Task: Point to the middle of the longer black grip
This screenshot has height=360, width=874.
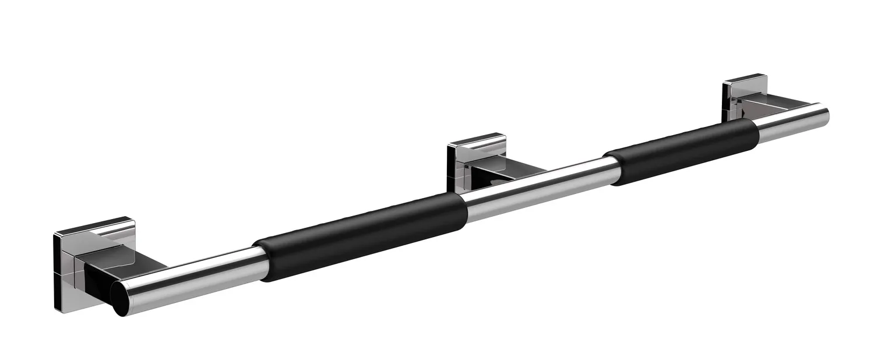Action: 361,236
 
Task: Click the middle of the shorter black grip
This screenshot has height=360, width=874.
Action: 682,151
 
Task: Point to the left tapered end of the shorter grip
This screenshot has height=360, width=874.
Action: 611,169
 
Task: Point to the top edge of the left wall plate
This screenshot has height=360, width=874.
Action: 93,224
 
